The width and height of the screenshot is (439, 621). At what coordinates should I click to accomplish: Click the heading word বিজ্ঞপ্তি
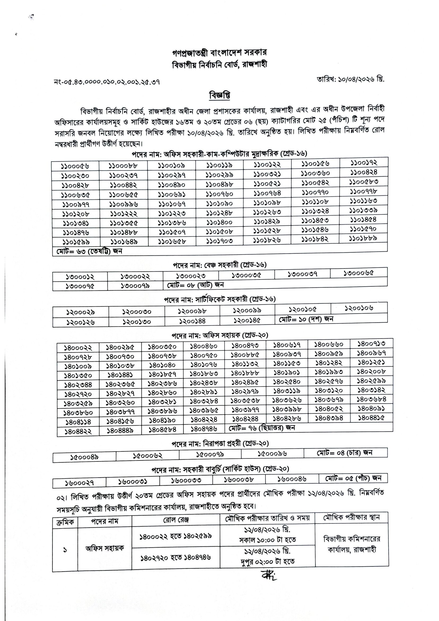point(219,96)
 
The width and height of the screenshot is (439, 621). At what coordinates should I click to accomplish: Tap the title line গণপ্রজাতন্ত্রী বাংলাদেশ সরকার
point(219,53)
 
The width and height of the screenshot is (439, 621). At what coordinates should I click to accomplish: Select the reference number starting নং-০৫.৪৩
point(107,82)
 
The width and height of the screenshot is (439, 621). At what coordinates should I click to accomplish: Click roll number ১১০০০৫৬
point(75,166)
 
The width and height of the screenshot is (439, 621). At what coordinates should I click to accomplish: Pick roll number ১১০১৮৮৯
point(363,238)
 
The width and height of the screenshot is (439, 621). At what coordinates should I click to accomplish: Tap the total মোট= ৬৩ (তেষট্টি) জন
point(89,251)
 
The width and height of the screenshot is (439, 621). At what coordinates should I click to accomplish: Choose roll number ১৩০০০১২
point(80,277)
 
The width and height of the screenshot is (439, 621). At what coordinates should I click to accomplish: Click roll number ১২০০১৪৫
point(247,320)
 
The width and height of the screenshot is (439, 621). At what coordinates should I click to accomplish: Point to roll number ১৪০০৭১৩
point(371,344)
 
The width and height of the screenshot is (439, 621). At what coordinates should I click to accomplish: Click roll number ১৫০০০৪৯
point(84,457)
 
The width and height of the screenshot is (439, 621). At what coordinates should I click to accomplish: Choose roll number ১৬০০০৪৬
point(292,479)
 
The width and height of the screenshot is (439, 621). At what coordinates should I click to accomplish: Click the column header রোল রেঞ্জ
point(176,520)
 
